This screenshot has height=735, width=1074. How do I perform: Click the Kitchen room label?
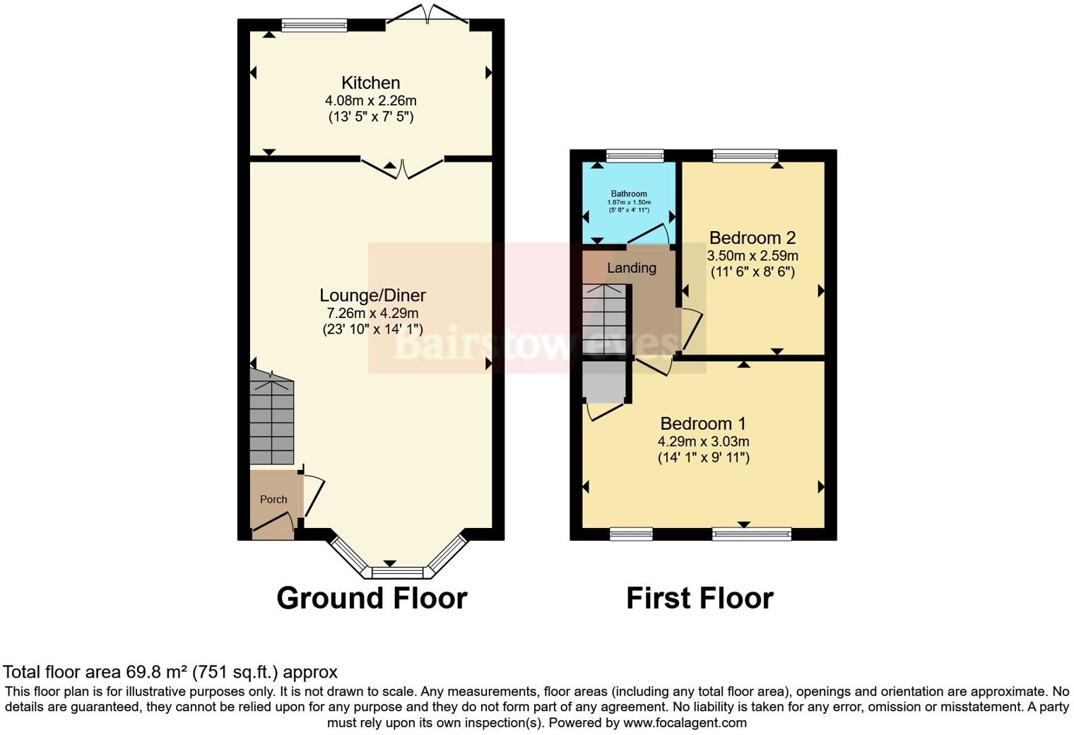370,83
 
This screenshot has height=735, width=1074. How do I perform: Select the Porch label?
273,499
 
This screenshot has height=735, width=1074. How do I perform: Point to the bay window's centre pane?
397,572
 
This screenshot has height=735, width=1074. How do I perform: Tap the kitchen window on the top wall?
314,25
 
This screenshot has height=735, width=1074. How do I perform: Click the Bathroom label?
629,194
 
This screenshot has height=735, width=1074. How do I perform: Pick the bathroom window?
635,155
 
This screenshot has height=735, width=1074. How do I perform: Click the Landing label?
632,268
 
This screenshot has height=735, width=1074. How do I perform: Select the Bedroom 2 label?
753,237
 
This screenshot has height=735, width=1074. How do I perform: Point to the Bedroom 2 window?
745,155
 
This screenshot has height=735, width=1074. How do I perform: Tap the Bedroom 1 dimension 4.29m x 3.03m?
703,442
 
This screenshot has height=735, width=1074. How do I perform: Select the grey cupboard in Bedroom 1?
604,382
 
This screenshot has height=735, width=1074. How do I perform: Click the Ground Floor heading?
372,598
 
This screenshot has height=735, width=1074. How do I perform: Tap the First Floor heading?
700,598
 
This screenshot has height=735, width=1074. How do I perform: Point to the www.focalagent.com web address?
684,723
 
